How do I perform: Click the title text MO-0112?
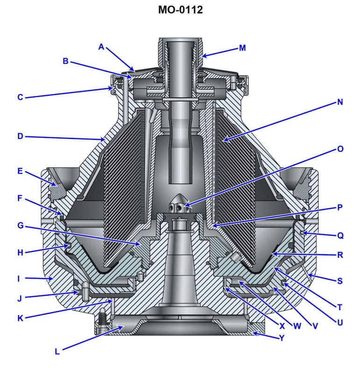[x=180, y=10]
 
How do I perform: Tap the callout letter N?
[x=339, y=102]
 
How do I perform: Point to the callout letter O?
[x=339, y=149]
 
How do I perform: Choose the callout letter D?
[x=20, y=137]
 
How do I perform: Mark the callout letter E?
[x=20, y=171]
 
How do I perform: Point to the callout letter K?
[x=20, y=318]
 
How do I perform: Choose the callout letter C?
[x=20, y=98]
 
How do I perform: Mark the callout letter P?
[x=339, y=207]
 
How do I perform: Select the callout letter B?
[x=66, y=61]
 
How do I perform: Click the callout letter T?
[x=339, y=307]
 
